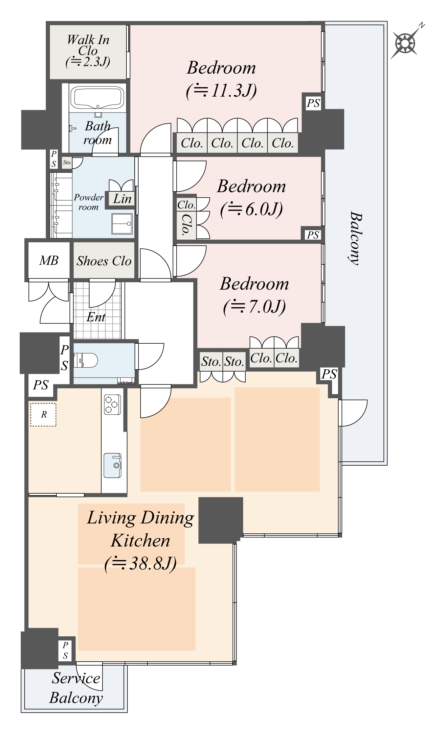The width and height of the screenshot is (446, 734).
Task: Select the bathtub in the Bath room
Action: (x=97, y=97)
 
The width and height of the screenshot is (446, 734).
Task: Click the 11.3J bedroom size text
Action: (x=221, y=90)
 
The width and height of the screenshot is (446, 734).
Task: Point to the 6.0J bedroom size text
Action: (x=251, y=209)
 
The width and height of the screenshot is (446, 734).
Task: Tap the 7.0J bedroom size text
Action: (x=254, y=306)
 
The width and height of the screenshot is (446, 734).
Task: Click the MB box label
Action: (x=49, y=260)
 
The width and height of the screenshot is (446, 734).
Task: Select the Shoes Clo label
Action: (x=104, y=261)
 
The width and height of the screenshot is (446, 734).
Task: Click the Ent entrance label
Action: (x=96, y=317)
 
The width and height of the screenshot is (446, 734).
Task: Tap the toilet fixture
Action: (x=86, y=360)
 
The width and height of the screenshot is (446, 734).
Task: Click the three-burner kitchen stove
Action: (x=112, y=404)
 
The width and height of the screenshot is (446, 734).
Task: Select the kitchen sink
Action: (x=112, y=465)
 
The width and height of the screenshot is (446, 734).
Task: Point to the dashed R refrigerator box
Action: (x=43, y=414)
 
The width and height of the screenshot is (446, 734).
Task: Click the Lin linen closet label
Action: (x=122, y=199)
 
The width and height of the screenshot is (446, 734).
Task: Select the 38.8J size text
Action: (x=141, y=564)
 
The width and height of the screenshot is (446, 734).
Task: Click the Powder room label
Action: (x=88, y=202)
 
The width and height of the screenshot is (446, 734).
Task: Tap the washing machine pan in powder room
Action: (x=122, y=224)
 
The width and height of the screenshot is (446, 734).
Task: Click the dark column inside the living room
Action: (x=220, y=520)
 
